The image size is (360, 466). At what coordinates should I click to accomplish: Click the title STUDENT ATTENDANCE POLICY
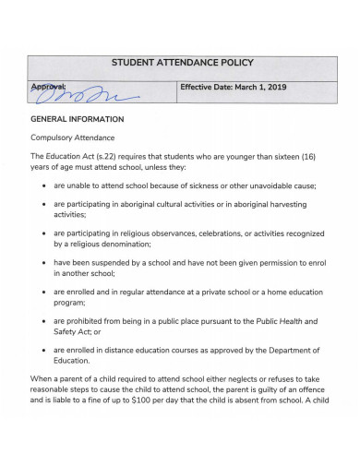pyautogui.click(x=181, y=64)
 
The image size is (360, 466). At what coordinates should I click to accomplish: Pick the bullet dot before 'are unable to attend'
pyautogui.click(x=44, y=185)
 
